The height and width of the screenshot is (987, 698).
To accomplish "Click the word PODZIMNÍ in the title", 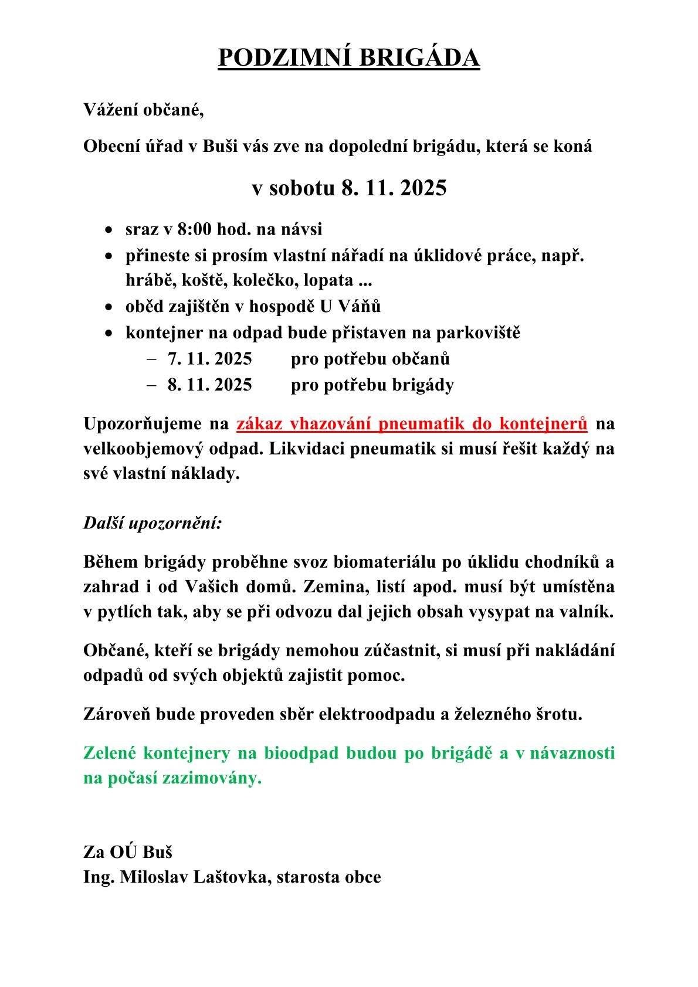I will (x=281, y=58).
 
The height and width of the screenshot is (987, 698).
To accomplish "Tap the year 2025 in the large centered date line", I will (x=422, y=188).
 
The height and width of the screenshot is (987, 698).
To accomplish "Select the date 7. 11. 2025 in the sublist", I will (x=209, y=358).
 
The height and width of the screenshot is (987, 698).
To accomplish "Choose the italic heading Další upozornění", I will (x=153, y=522).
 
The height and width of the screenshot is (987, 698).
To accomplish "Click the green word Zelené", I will (x=110, y=753).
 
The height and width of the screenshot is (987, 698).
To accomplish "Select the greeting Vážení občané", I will (x=144, y=110).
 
